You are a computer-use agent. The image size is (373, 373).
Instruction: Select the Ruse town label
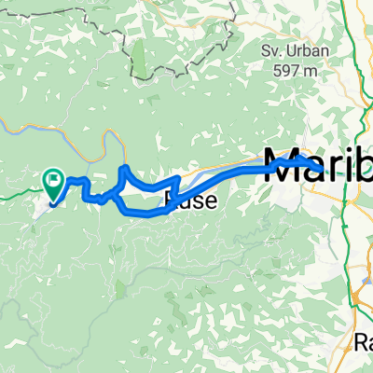(x=191, y=199)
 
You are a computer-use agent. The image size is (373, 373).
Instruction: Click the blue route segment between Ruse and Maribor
(x=233, y=173)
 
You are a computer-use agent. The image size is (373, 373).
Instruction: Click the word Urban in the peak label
(x=307, y=51)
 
